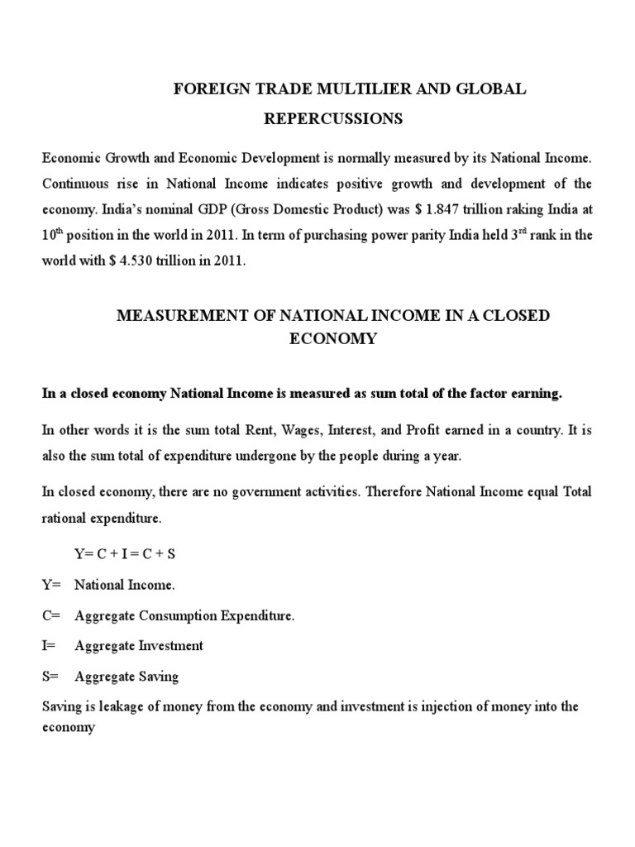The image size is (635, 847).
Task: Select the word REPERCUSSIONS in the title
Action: [x=333, y=119]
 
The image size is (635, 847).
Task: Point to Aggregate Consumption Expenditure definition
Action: [x=184, y=615]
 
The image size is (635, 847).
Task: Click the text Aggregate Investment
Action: [x=138, y=645]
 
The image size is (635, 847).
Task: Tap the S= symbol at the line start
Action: [x=51, y=676]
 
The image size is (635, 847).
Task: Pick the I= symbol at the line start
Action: [x=50, y=645]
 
